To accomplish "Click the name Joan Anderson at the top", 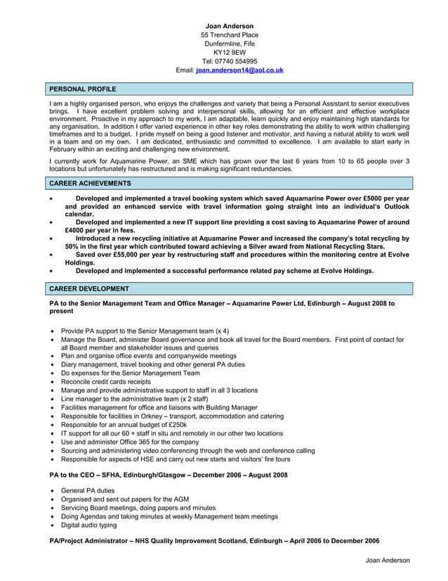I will point(230,26).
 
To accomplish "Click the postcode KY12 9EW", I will point(230,52).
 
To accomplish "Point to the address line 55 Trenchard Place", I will point(230,34).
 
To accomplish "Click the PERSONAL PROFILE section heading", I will point(83,89).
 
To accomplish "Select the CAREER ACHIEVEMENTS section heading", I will point(90,183).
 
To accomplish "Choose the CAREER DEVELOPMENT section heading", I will point(89,288).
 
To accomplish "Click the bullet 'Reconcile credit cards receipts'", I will point(106,381).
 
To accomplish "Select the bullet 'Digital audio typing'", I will point(89,525).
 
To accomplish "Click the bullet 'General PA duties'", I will point(88,490).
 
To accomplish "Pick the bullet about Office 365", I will point(130,442).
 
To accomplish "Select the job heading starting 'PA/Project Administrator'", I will point(214,540).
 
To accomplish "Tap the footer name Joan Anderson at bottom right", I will point(388,560).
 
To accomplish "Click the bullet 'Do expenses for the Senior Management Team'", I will point(131,373).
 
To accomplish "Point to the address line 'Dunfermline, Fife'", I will point(230,44).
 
